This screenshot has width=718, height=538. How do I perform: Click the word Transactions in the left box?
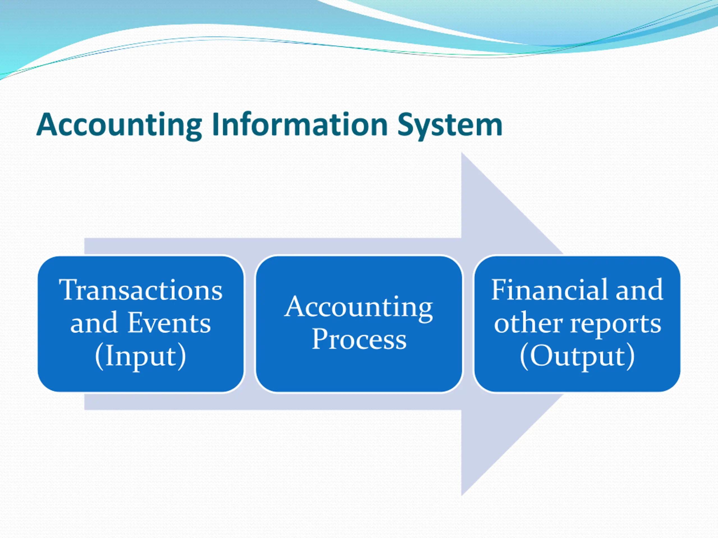[x=141, y=290]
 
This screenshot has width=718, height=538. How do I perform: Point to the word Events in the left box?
[x=169, y=323]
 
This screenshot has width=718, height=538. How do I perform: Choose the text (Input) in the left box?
[x=141, y=356]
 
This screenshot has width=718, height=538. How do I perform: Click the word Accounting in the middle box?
[x=359, y=307]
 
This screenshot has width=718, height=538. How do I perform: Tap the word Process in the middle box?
[x=359, y=339]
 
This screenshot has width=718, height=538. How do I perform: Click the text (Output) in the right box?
[x=577, y=356]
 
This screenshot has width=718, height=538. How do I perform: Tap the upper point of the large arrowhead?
[x=462, y=154]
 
